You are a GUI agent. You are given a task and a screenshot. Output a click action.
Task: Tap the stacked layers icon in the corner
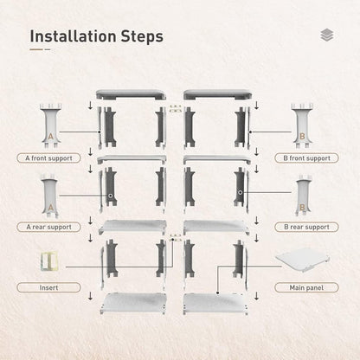coord(325,35)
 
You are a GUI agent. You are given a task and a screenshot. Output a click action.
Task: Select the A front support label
coord(48,158)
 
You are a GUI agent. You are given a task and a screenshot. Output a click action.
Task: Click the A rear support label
coord(48,227)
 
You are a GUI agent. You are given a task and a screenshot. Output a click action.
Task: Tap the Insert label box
coord(48,286)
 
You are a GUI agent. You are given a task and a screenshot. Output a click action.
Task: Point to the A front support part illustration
coord(50,126)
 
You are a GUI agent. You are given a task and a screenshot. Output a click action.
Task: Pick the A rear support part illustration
coord(50,197)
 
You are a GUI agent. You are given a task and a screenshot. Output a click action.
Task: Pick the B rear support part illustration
coord(303,197)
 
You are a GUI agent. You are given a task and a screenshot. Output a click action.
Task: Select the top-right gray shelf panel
coord(216,94)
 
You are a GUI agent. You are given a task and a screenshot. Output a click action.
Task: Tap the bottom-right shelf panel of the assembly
coord(216,304)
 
